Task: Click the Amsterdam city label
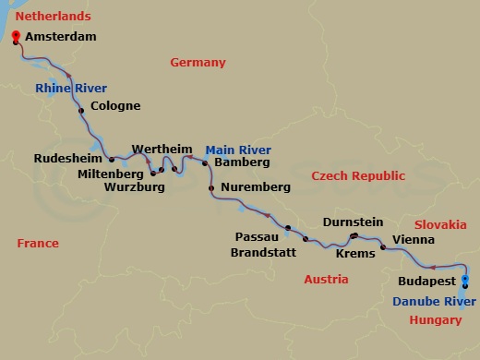tap(60, 38)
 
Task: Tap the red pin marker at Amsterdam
tap(16, 38)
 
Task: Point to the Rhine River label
tap(71, 88)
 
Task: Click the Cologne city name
tap(115, 106)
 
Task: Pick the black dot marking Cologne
tap(81, 111)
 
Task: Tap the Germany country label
tap(198, 63)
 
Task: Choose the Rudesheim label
tap(66, 158)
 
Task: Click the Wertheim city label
tap(161, 149)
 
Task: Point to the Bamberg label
tap(241, 162)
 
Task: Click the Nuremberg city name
tap(256, 187)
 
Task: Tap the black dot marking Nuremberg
tap(211, 188)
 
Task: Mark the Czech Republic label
tap(358, 175)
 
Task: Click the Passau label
tap(257, 237)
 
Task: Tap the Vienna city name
tap(413, 239)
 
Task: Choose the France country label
tap(38, 244)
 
